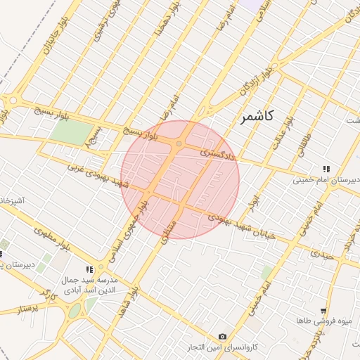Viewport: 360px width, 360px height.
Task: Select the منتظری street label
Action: (167, 229)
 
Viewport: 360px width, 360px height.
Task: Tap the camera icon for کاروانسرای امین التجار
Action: (223, 337)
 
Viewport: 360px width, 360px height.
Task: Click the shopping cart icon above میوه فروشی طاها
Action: (323, 310)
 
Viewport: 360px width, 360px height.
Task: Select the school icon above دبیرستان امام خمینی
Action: (326, 169)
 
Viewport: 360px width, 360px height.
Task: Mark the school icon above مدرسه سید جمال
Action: (89, 269)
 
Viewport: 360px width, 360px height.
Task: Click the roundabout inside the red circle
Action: (179, 144)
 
